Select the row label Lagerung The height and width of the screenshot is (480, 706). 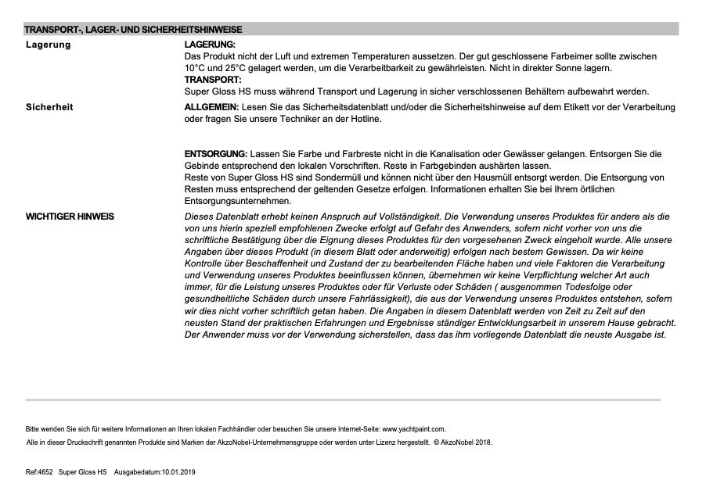click(x=49, y=45)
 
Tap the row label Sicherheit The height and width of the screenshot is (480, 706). click(x=50, y=107)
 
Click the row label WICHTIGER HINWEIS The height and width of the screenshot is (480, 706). click(x=70, y=217)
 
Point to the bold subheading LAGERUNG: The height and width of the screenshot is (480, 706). click(x=209, y=45)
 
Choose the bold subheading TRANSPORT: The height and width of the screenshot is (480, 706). click(x=212, y=80)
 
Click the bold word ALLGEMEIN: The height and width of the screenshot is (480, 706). click(x=211, y=107)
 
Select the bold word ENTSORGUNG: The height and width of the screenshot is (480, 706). click(x=216, y=155)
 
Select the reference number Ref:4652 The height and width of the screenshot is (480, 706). click(x=39, y=472)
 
